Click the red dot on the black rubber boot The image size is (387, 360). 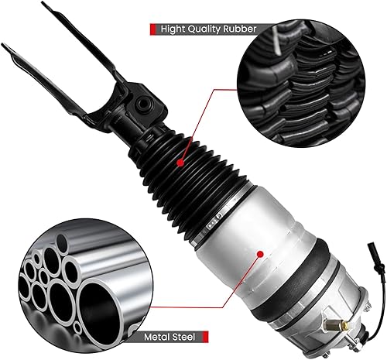click(x=179, y=164)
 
